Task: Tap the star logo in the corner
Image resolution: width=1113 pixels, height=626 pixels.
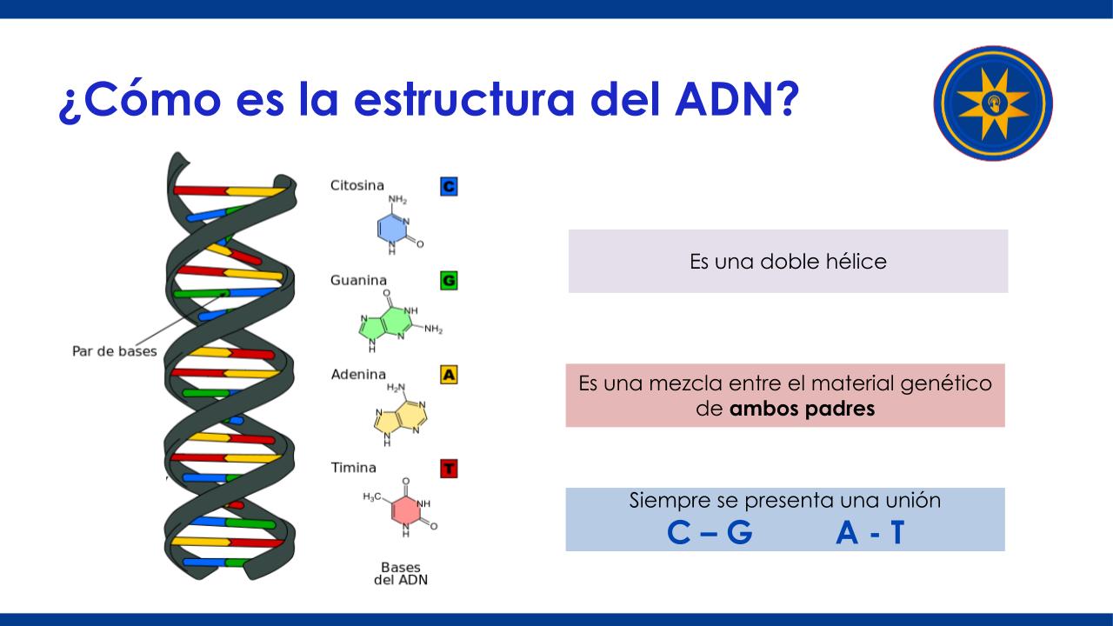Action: pos(993,103)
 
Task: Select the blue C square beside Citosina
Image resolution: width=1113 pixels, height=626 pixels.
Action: pos(449,186)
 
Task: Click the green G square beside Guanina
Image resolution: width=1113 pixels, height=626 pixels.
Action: pos(449,281)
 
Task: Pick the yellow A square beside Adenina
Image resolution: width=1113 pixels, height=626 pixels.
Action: pos(449,375)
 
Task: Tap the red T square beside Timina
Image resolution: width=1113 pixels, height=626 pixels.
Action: pos(449,469)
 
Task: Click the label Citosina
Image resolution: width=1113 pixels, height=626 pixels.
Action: pos(357,185)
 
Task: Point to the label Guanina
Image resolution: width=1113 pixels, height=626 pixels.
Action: pos(358,280)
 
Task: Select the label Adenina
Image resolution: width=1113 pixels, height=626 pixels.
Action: pos(358,374)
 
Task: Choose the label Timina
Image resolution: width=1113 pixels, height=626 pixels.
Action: pos(353,468)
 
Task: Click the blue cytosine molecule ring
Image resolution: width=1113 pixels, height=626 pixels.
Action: pos(392,229)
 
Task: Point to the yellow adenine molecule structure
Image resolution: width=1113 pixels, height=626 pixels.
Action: pos(401,416)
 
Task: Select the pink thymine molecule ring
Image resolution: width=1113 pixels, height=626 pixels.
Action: pos(406,509)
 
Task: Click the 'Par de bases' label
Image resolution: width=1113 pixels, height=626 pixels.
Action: pos(114,351)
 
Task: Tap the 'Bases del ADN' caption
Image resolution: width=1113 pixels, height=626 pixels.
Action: pos(401,573)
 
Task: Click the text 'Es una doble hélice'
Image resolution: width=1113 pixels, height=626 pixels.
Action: pos(788,262)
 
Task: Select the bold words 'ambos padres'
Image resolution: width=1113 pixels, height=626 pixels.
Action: pos(802,409)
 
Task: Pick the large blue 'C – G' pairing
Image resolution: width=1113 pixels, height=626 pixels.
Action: pos(710,533)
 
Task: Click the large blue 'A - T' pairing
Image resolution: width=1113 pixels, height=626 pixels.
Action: pos(870,533)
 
